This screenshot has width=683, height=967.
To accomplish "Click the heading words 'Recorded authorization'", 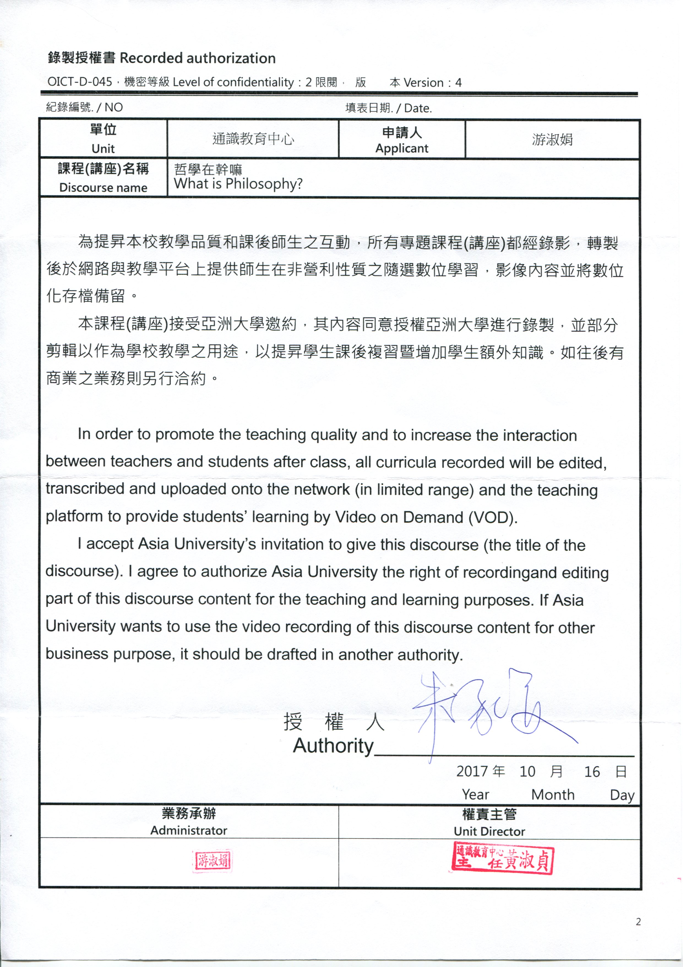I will click(x=197, y=58).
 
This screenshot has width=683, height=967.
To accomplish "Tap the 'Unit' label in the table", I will click(x=103, y=149).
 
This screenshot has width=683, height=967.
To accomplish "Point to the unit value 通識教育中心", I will click(x=253, y=139).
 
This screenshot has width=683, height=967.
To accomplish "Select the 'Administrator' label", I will click(x=189, y=831).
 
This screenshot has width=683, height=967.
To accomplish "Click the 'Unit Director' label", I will click(x=489, y=831).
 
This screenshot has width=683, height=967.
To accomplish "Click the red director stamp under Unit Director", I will click(x=503, y=858).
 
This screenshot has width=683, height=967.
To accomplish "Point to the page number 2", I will click(x=638, y=922).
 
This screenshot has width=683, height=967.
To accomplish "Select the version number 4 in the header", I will click(x=458, y=83).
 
